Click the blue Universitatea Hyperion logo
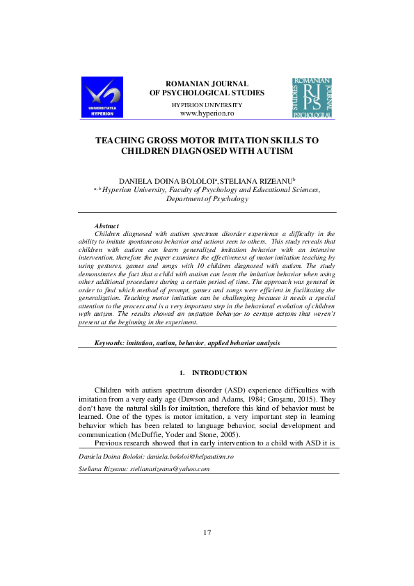coord(102,97)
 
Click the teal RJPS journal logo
coord(311,97)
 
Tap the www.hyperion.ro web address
coord(207,113)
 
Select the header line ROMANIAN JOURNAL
coord(207,84)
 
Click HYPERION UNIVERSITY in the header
coord(207,104)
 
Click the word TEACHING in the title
coord(120,140)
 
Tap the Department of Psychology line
coord(207,198)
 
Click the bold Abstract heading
coord(106,226)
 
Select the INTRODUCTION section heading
coord(219,373)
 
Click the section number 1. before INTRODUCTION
coord(182,373)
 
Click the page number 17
coord(207,532)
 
